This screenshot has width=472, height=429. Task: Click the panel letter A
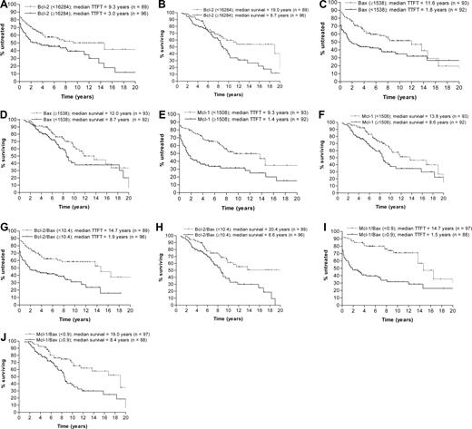tap(5, 6)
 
